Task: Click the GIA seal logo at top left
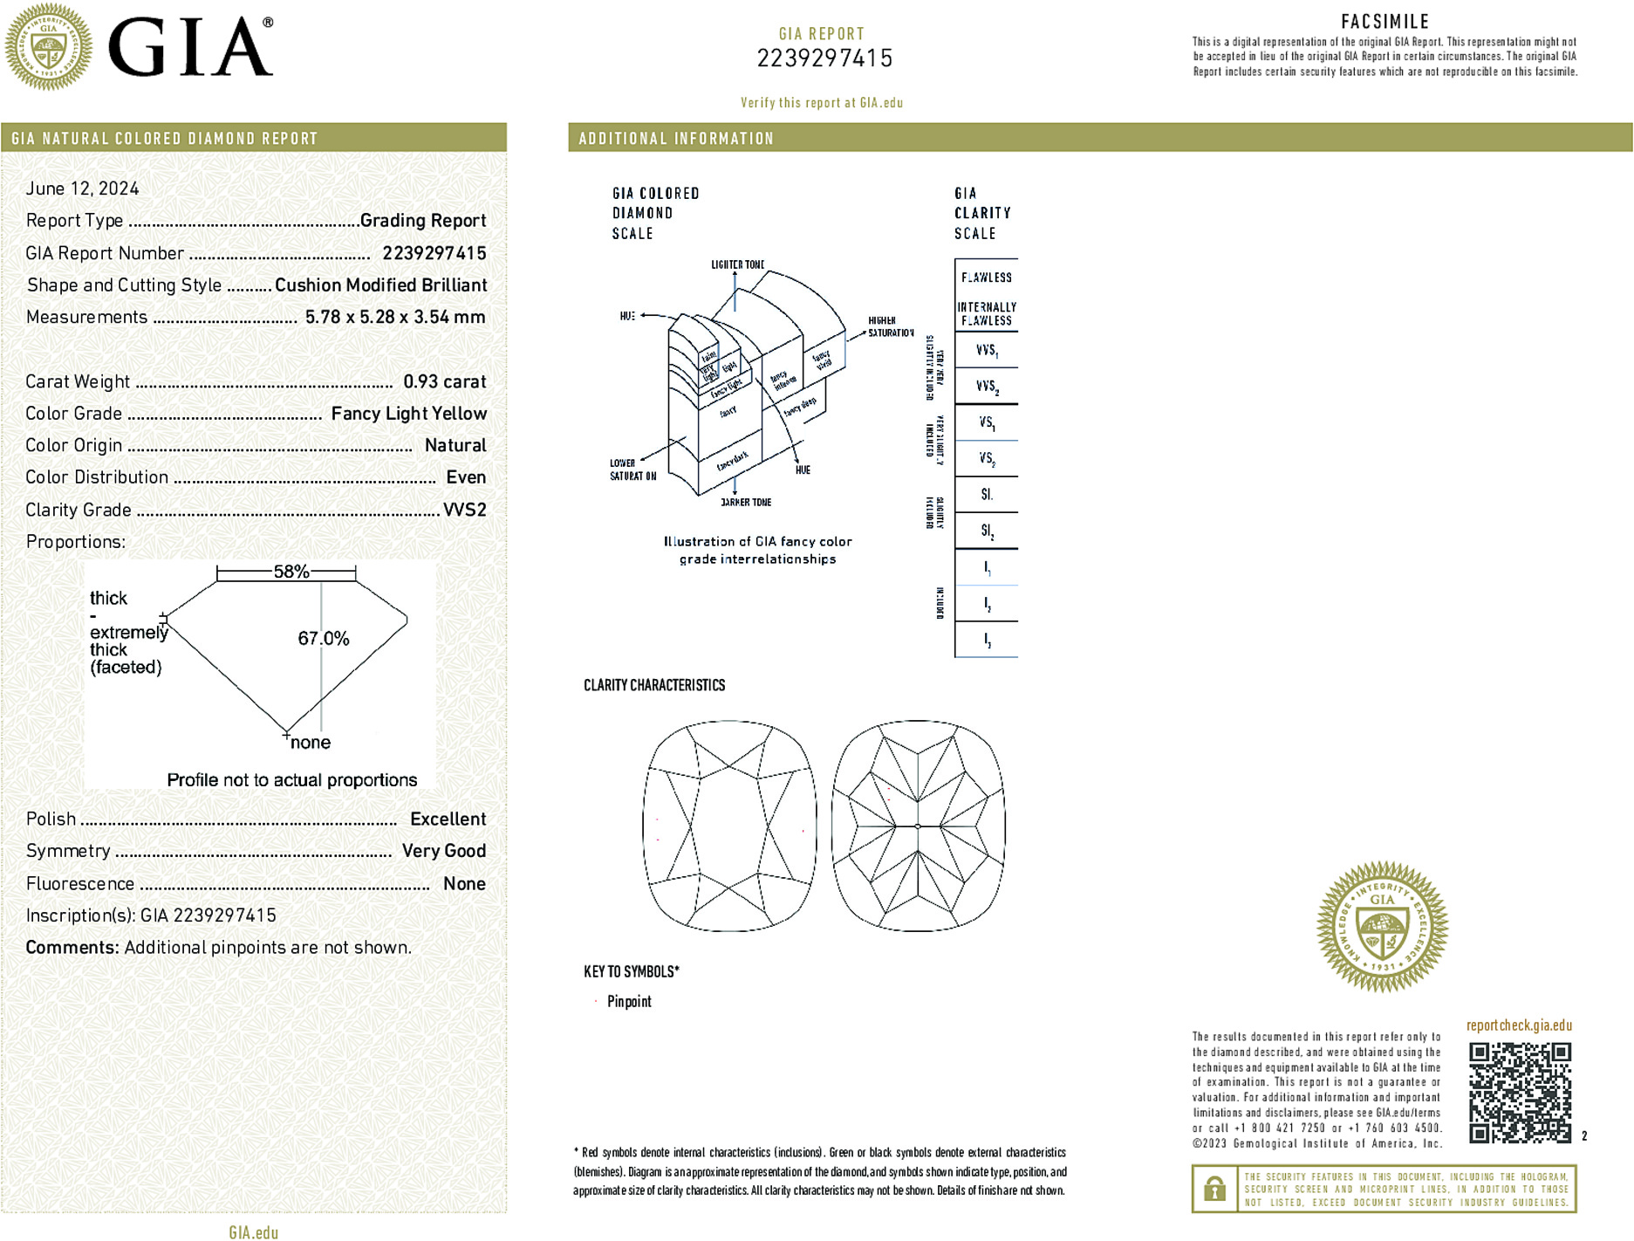pos(48,47)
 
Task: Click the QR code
pos(1520,1092)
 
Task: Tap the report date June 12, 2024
pos(82,189)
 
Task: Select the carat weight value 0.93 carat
pos(444,381)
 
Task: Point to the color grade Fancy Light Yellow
pos(408,414)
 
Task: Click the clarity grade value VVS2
pos(464,510)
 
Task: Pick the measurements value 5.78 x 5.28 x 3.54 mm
pos(394,317)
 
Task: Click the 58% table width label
pos(291,572)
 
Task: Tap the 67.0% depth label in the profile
pos(324,638)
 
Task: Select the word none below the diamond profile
pos(311,743)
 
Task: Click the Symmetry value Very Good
pos(443,851)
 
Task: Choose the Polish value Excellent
pos(448,819)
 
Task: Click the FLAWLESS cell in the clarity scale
pos(987,278)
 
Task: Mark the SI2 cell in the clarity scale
pos(987,531)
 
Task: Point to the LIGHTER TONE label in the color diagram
pos(737,264)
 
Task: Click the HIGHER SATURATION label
pos(890,326)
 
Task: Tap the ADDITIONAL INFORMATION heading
pos(676,139)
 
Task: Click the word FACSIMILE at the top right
pos(1384,22)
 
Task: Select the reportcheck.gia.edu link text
pos(1519,1025)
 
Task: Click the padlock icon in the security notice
pos(1214,1189)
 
